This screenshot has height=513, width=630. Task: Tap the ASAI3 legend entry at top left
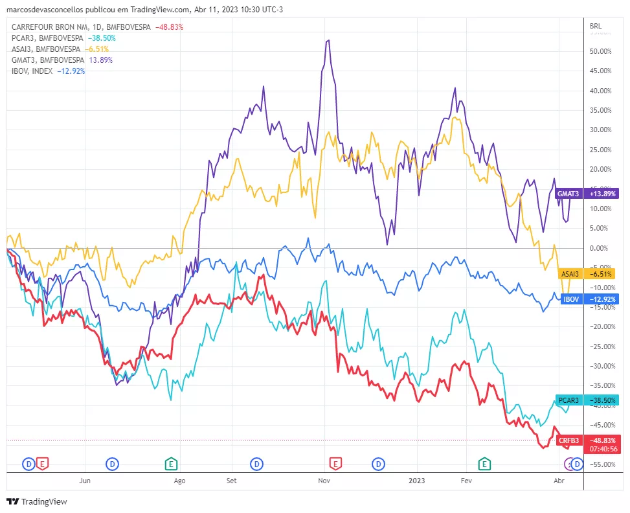45,49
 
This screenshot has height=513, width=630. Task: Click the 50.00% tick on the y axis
600,51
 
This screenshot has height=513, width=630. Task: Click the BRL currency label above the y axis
596,26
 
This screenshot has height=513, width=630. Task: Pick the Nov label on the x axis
324,481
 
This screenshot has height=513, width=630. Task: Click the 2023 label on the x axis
417,481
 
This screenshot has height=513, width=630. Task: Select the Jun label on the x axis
84,481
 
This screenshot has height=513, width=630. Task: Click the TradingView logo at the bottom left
36,501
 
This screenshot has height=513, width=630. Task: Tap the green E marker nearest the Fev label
484,463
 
